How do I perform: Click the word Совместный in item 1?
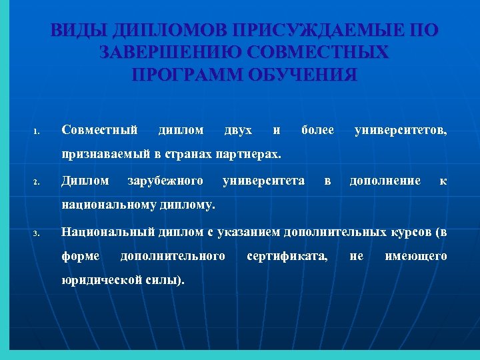pos(99,129)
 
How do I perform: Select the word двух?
pos(239,129)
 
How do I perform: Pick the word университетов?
pos(401,129)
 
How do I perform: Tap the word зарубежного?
pos(165,180)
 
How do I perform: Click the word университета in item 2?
pos(264,180)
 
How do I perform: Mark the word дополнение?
pos(385,180)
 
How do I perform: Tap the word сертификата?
pos(287,255)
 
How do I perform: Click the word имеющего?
pos(416,255)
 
